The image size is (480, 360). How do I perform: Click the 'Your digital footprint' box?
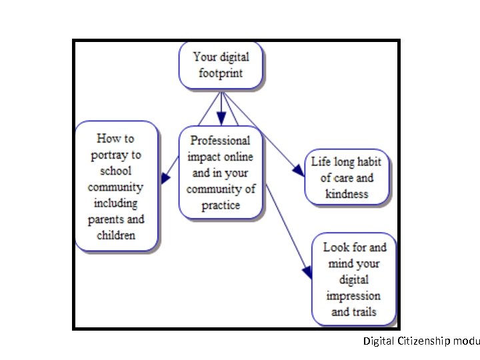pos(221,65)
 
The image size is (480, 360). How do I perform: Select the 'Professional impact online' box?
pos(221,172)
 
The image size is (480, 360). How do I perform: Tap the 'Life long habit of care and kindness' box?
pos(347,178)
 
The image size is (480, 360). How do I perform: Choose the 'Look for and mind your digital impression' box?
pos(354,279)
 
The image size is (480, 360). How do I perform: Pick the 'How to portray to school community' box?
pos(116,186)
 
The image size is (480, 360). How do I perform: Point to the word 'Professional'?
pos(221,141)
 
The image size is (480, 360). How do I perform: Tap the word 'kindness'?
pos(347,194)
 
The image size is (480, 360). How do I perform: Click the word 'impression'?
pos(354,295)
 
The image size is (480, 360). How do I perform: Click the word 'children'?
pos(115,235)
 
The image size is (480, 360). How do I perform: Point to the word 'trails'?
pos(363,311)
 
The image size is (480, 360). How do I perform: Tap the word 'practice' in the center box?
pos(221,205)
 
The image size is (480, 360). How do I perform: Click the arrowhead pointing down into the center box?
pos(221,119)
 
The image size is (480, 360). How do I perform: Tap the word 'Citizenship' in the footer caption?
pos(424,341)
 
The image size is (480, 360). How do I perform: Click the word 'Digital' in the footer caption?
pos(379,341)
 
